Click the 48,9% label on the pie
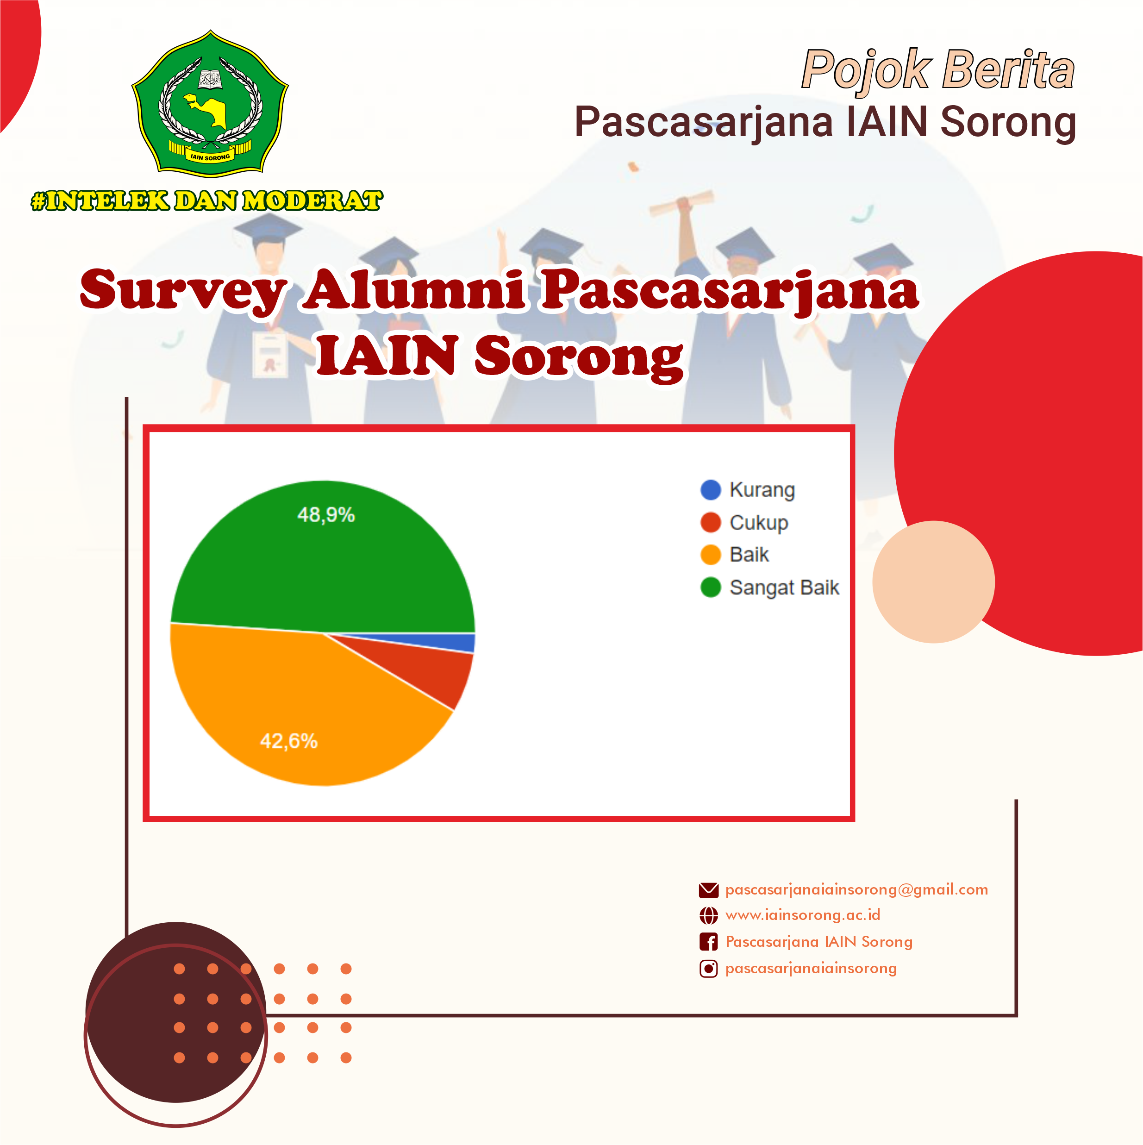tap(326, 514)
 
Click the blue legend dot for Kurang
tap(711, 489)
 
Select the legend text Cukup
tap(758, 523)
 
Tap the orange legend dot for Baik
tap(711, 555)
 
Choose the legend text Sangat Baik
tap(784, 588)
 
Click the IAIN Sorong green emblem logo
tap(210, 103)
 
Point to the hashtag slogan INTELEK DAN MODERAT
tap(207, 200)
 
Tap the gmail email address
tap(856, 889)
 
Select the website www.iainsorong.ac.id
tap(803, 915)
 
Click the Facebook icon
tap(709, 942)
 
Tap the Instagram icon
tap(709, 969)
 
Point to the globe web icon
tap(709, 916)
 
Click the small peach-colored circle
tap(933, 582)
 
